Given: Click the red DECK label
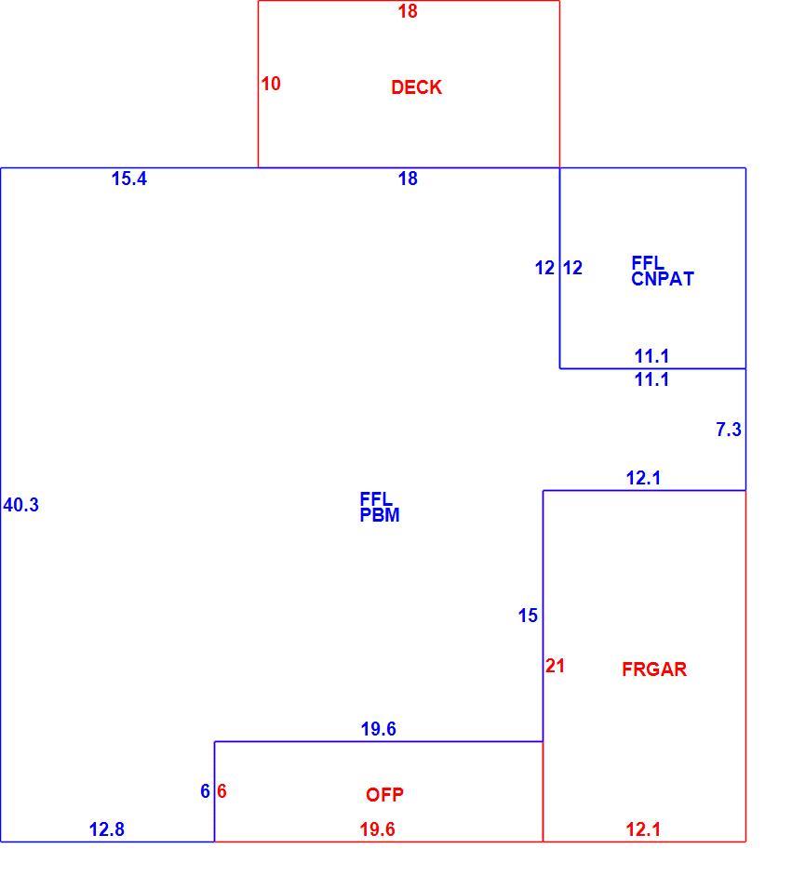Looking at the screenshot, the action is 416,87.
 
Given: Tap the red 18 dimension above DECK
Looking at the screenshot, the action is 408,11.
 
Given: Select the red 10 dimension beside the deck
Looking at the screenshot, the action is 271,84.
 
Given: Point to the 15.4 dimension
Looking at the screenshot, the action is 129,179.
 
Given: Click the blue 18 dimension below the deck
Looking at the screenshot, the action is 408,179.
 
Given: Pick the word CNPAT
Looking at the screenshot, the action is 663,279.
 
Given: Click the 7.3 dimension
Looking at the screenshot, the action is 729,430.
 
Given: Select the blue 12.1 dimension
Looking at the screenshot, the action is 643,478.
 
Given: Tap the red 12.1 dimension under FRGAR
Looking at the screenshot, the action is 643,829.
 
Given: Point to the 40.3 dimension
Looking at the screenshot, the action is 21,505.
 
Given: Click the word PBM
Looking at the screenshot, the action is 380,515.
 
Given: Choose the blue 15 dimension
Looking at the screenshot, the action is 528,616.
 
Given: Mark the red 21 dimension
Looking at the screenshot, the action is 555,666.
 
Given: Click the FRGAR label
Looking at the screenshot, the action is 654,669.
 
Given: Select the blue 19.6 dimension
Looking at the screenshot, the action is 378,729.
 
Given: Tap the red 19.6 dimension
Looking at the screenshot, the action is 377,829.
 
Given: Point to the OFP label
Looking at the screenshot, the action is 384,795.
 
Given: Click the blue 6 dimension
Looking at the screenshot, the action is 206,791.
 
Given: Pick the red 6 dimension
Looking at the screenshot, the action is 221,791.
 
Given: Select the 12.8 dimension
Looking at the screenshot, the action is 107,829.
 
